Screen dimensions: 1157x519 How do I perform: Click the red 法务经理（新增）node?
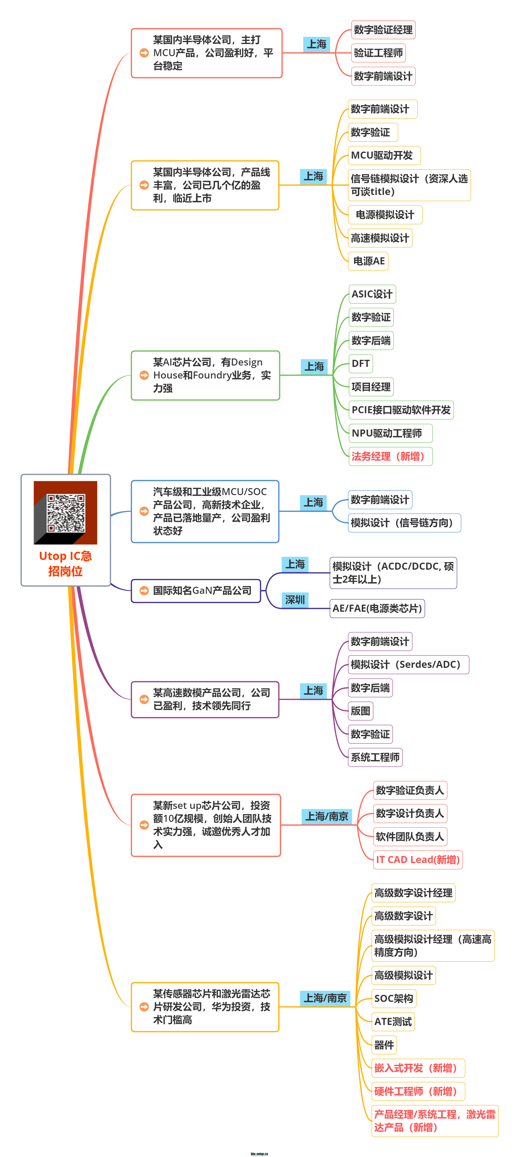coord(390,456)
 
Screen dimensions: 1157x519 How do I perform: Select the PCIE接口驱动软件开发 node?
coord(401,410)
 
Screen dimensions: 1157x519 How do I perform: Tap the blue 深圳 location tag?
coord(295,600)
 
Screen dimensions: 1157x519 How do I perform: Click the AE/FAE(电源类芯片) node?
coord(377,608)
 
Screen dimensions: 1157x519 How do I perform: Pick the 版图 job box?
coord(360,711)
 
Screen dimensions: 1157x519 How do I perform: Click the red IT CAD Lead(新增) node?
coord(417,860)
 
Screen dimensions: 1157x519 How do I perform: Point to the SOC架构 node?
coord(394,998)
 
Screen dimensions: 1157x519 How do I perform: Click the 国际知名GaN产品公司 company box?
coord(196,591)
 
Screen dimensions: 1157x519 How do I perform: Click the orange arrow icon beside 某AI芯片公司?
coord(144,375)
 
